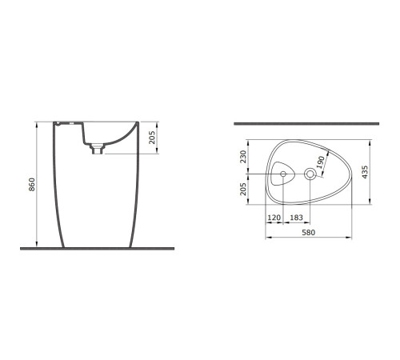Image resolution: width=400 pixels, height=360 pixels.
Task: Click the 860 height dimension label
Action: (30, 186)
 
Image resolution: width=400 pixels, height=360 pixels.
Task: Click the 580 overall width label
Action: (308, 232)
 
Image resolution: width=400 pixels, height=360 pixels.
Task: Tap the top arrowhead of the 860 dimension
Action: (38, 124)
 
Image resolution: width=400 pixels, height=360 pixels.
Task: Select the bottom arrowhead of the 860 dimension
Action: (38, 244)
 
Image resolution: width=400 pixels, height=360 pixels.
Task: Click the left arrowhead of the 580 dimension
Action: (266, 238)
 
